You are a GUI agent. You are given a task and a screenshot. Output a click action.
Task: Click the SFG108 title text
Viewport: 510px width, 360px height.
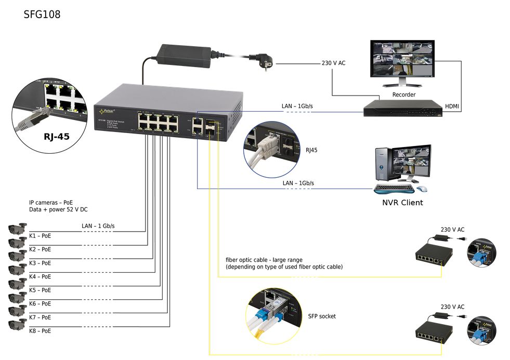[42, 15]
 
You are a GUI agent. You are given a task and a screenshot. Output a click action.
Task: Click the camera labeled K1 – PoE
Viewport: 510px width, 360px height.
[17, 229]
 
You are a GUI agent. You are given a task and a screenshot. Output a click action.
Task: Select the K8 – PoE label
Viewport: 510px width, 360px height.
[40, 331]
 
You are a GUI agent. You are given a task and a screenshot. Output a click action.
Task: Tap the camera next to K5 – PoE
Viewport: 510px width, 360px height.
[17, 284]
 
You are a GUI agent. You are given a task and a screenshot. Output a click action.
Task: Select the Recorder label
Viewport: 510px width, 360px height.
[403, 95]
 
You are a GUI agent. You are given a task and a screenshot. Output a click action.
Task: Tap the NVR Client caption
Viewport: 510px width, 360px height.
[402, 203]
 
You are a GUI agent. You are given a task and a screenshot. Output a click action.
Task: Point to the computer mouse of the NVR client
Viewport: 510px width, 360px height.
[423, 188]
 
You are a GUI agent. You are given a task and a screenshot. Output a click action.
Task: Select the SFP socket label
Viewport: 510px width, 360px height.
[322, 316]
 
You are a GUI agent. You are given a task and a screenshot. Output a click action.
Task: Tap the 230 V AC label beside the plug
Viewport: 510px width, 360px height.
[333, 63]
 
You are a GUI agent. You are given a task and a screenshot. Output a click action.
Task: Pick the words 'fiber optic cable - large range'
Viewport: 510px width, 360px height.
[264, 260]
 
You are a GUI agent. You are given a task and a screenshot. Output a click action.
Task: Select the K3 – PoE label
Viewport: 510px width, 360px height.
[40, 263]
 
